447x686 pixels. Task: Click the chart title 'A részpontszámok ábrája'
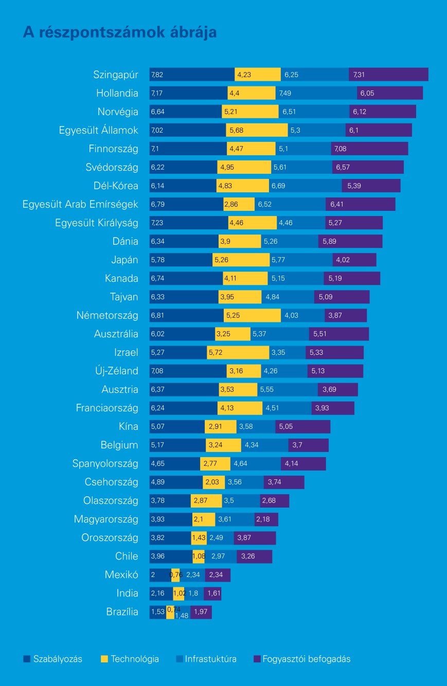(x=120, y=32)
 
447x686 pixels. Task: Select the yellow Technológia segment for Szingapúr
(x=258, y=75)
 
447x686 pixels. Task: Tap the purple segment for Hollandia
(x=390, y=93)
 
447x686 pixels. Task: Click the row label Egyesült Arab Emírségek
(x=80, y=205)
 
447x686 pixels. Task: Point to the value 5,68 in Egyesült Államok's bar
(x=237, y=131)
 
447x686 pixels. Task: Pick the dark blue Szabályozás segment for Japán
(x=181, y=260)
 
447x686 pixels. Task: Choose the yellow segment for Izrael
(x=238, y=353)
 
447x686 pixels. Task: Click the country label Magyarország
(x=106, y=519)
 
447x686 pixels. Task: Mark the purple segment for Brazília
(x=201, y=612)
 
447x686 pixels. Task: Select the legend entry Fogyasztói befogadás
(x=307, y=659)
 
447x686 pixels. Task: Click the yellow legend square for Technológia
(x=104, y=659)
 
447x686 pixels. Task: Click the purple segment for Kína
(x=303, y=427)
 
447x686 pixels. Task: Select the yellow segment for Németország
(x=252, y=316)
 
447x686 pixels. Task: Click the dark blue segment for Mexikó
(x=160, y=575)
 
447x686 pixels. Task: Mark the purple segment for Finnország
(x=369, y=149)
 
